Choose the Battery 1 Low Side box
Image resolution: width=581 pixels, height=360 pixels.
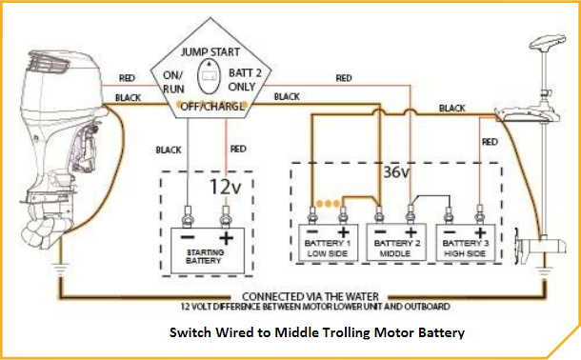click(329, 243)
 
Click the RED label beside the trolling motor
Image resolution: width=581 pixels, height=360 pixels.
click(491, 142)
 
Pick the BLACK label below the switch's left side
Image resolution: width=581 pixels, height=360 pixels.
click(169, 150)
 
